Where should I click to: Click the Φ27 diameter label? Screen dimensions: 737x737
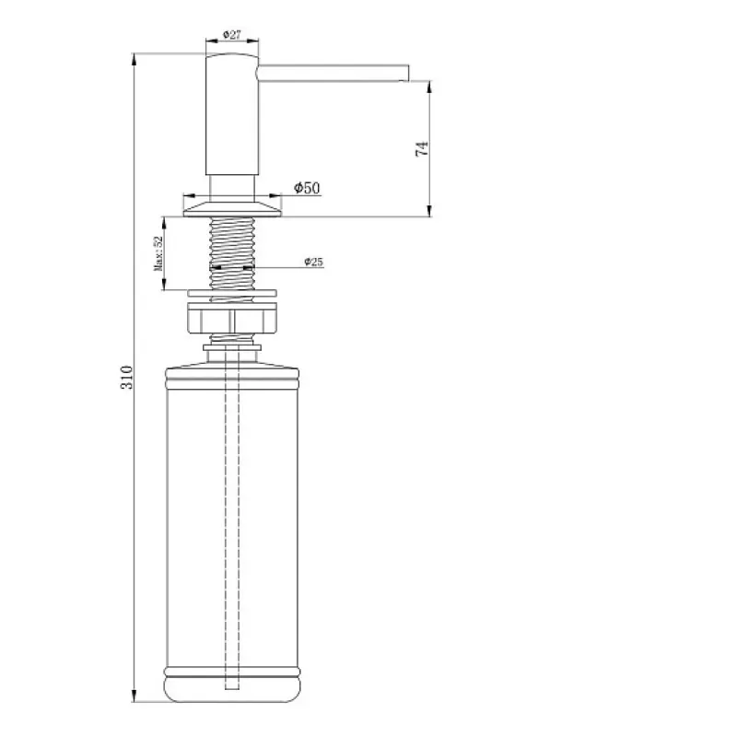click(232, 35)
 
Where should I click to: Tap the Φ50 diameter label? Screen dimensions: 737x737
click(307, 188)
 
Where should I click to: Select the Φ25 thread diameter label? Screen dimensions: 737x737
click(313, 262)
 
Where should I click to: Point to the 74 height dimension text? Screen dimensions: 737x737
click(422, 148)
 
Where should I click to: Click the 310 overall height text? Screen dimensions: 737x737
click(127, 377)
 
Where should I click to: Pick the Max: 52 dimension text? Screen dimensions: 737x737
click(158, 253)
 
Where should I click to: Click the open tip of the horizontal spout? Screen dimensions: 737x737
click(407, 73)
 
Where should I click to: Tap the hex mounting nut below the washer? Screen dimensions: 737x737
click(232, 318)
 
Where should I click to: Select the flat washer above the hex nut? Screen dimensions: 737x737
click(232, 293)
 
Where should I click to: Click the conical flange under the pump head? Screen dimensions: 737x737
click(232, 209)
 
